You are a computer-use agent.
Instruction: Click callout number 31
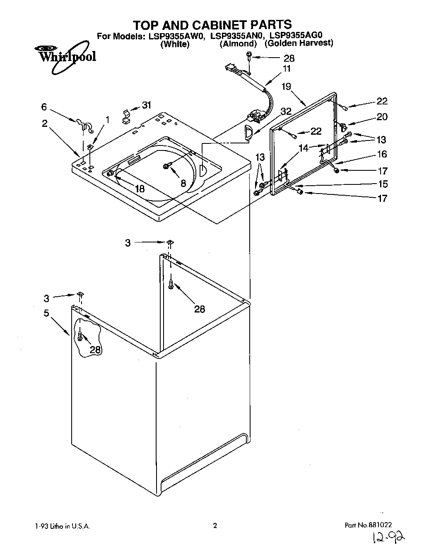[147, 105]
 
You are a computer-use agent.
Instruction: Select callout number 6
[44, 107]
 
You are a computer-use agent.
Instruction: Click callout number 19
[287, 87]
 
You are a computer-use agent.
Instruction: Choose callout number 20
[382, 117]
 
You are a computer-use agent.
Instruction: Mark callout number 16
[382, 154]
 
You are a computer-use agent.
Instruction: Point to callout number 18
[140, 189]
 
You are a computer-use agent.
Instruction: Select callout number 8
[183, 183]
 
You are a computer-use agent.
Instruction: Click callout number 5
[47, 313]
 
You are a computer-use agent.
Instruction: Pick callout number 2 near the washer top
[44, 124]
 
